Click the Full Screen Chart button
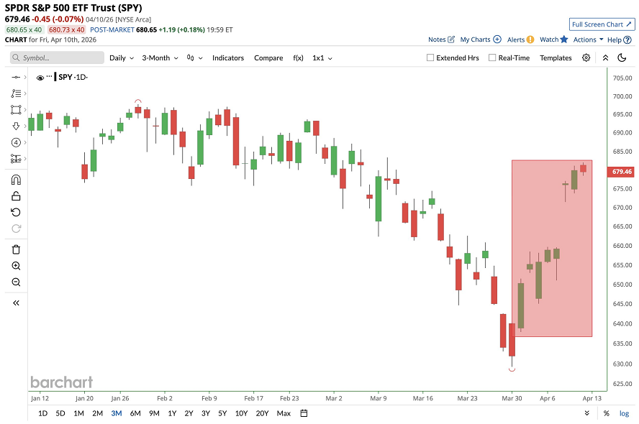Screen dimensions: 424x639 (x=602, y=24)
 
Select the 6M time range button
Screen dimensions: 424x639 (x=135, y=413)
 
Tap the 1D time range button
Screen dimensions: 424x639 (x=42, y=413)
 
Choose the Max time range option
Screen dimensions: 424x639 (x=284, y=413)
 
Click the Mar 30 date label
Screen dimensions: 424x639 (x=512, y=397)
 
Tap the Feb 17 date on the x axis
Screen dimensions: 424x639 (x=254, y=397)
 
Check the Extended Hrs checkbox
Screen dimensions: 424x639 (x=430, y=57)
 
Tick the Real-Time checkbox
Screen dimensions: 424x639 (x=492, y=57)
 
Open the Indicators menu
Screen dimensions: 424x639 (x=228, y=57)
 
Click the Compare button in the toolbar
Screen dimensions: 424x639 (x=268, y=57)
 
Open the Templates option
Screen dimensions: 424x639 (x=556, y=57)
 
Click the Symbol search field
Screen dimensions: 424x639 (x=58, y=57)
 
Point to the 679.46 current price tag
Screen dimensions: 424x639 (x=621, y=172)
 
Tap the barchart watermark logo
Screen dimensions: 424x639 (x=61, y=382)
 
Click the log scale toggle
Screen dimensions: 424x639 (x=624, y=413)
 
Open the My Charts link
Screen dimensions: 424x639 (x=479, y=40)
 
